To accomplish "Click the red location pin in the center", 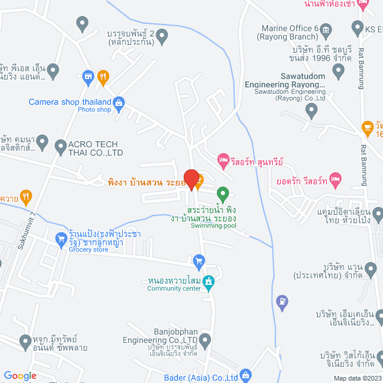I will pos(191,179).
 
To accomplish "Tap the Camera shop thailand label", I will pos(71,102).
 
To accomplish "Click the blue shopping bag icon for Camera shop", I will pos(119,103).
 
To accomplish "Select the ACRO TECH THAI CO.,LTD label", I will pos(96,148).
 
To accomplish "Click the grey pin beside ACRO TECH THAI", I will pos(60,145).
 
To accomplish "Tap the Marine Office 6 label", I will pos(290,32).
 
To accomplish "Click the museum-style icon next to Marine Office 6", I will pos(326,29).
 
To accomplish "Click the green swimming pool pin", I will pos(223,194).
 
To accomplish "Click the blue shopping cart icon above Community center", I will pos(199,261).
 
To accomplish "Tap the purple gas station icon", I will pos(282,300).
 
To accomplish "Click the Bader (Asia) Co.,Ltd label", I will pos(200,377).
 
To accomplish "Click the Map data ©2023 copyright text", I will pos(357,378).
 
